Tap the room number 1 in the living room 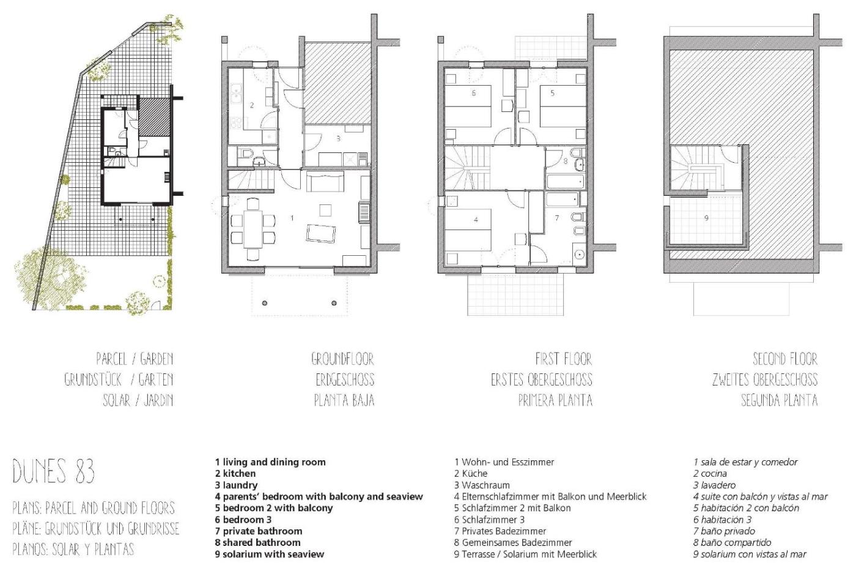292,218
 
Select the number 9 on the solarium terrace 706,218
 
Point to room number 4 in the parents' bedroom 476,220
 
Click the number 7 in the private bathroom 557,218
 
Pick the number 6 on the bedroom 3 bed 473,93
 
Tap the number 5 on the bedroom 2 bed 552,93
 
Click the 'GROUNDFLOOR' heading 342,359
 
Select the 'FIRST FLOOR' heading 564,359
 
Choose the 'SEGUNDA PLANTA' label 779,400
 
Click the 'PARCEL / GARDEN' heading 135,359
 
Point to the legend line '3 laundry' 236,485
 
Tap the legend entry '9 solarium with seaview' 270,554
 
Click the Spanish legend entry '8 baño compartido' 732,542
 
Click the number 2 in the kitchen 252,105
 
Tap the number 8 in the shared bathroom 566,161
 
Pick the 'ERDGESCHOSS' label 345,380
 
